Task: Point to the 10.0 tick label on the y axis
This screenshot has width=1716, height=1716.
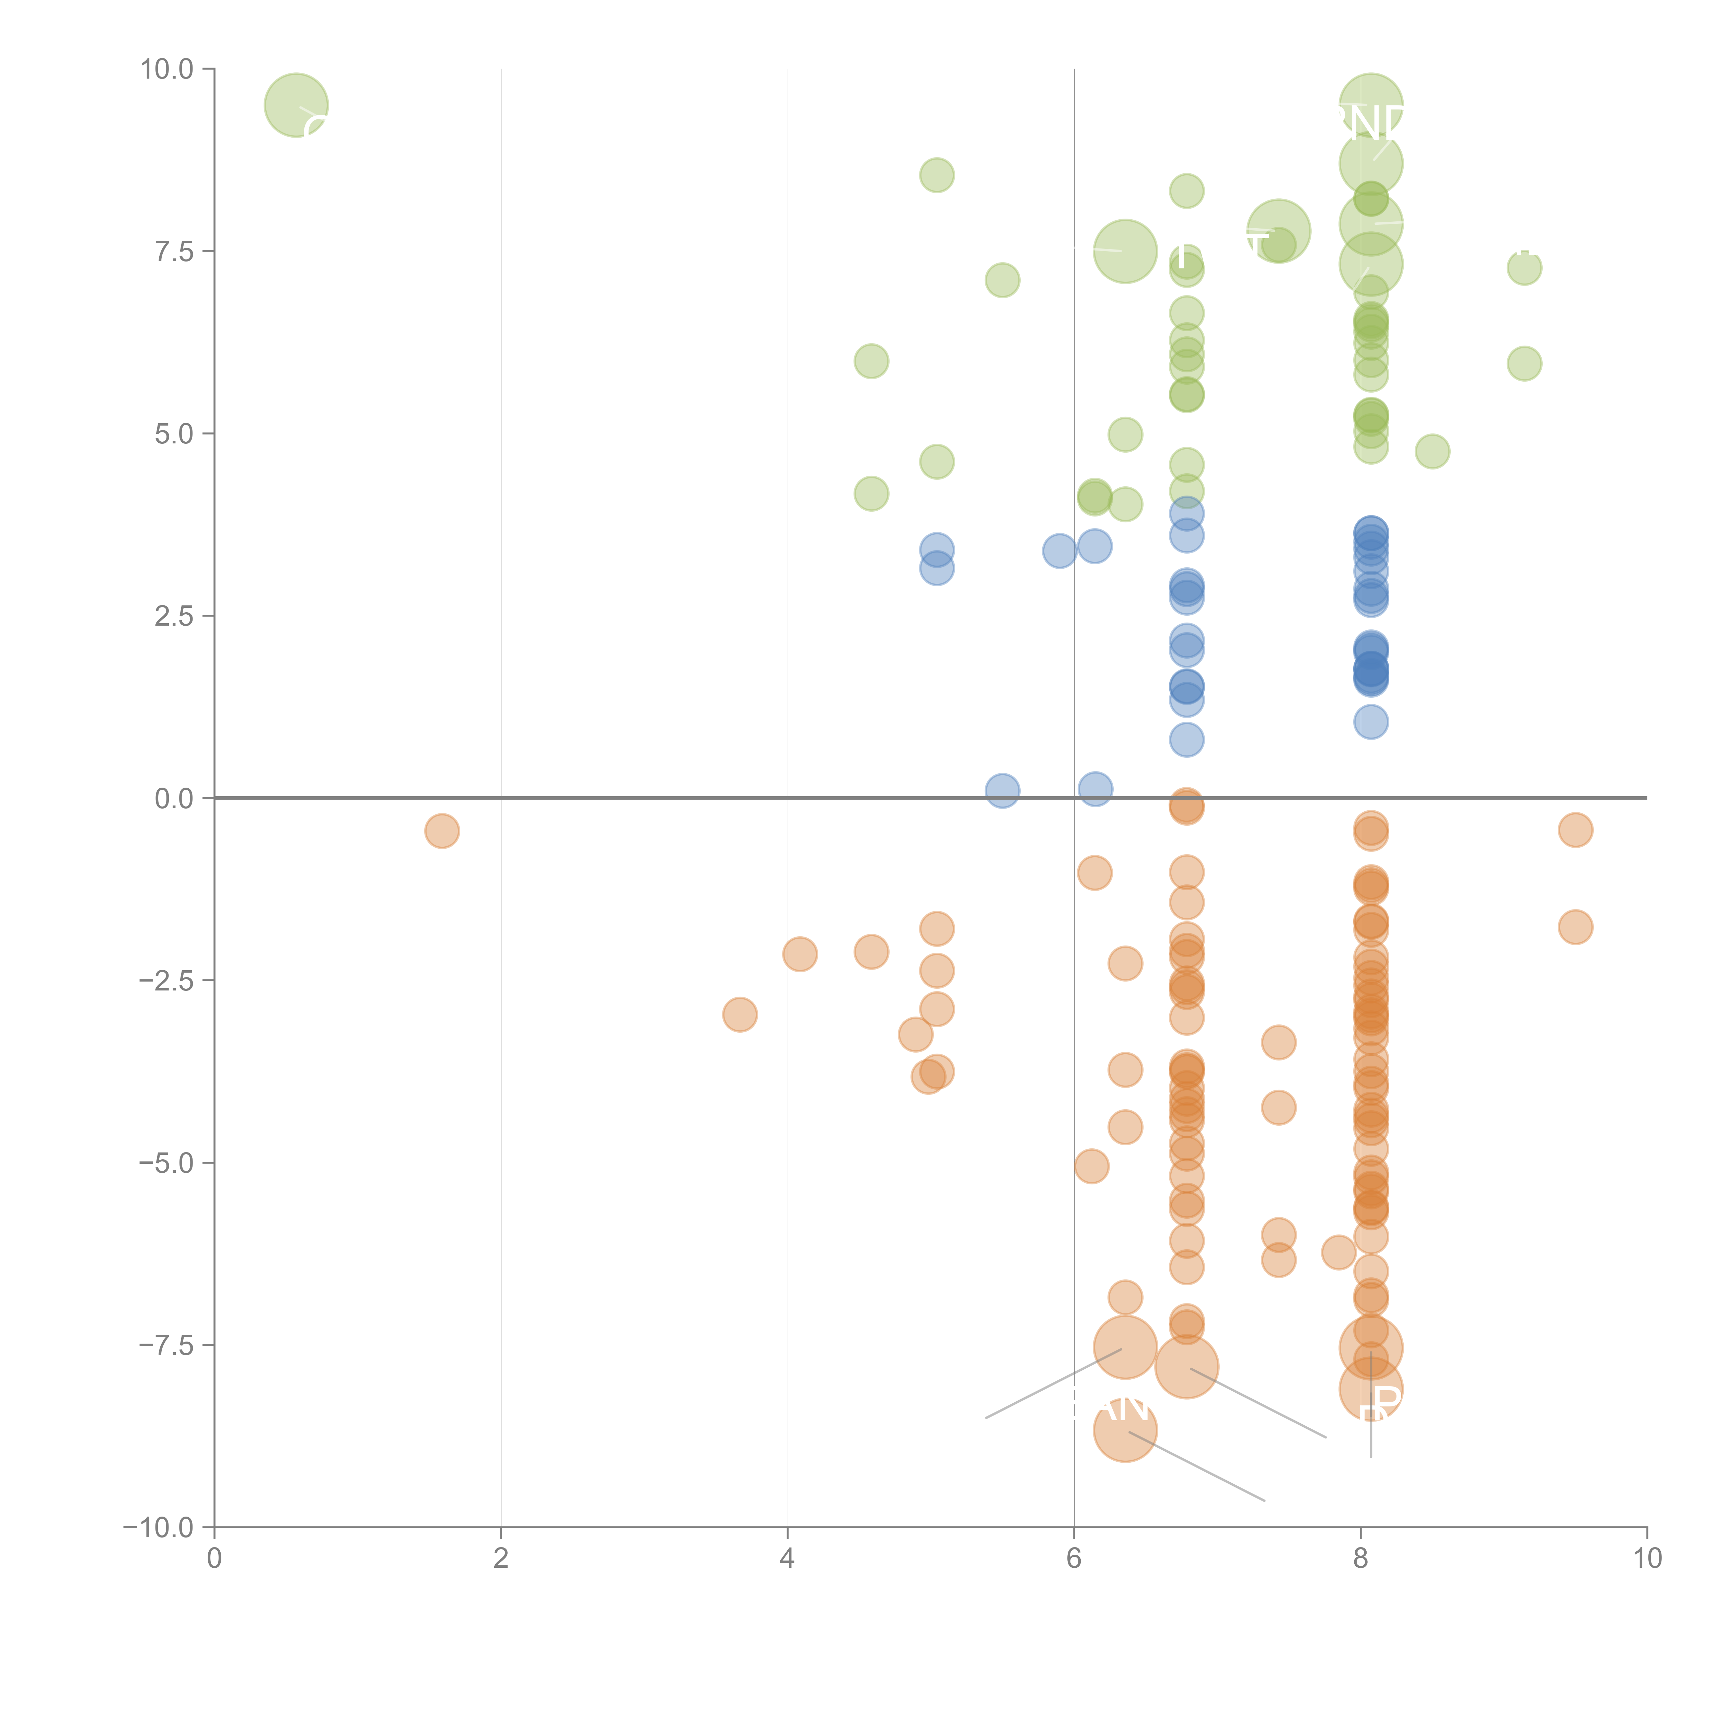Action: coord(167,69)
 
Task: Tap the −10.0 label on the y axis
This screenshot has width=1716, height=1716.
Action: coord(158,1528)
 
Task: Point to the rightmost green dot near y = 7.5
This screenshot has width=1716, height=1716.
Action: coord(1524,267)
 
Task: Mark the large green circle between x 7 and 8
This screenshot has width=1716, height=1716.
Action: coord(1278,231)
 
